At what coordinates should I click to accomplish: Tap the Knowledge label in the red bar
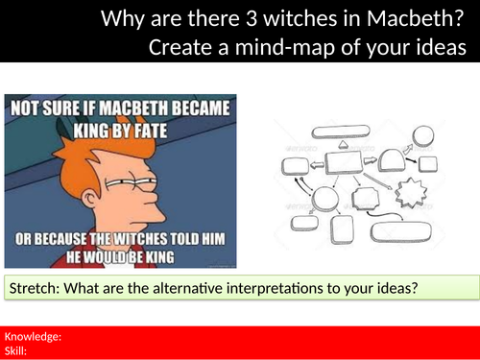34,336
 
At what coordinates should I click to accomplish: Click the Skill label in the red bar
18,350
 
